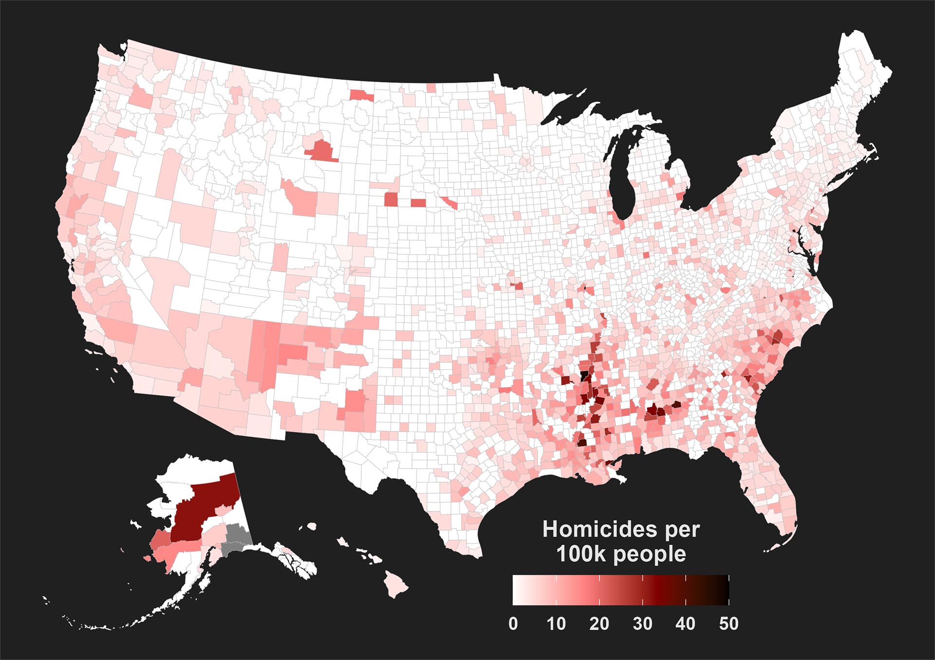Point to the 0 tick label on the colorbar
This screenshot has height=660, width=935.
[x=513, y=624]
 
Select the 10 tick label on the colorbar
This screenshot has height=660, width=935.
[x=556, y=624]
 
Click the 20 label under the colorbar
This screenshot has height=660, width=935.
[x=599, y=624]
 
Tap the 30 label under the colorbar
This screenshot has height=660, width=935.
[x=642, y=624]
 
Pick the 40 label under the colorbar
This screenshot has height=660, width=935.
[x=685, y=624]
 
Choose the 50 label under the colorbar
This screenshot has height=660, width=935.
[x=729, y=624]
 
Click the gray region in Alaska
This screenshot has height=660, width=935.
[x=237, y=538]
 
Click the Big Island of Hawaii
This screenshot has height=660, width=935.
[x=395, y=585]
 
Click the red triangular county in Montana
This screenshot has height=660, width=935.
[x=321, y=151]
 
